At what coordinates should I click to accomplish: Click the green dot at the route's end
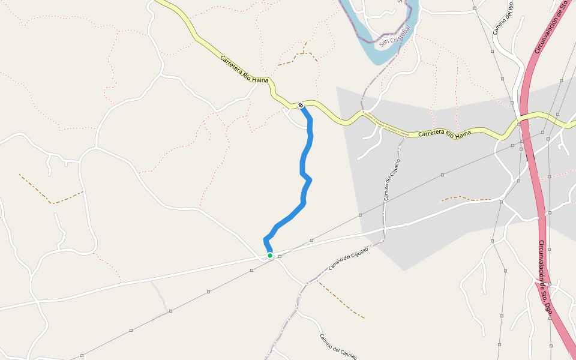[270, 256]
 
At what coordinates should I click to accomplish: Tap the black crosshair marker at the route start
[301, 106]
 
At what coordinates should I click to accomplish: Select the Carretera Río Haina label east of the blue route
[443, 134]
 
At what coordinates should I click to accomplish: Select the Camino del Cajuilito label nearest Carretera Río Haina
[391, 179]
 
